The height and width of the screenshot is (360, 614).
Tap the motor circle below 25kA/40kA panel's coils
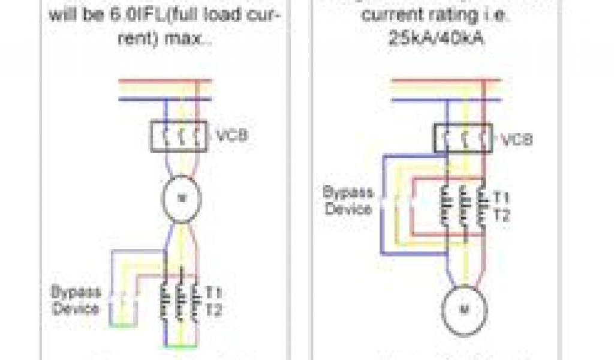click(x=465, y=310)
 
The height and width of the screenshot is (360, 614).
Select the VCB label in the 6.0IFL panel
click(x=229, y=135)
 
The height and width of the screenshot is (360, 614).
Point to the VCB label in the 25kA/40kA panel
click(x=516, y=141)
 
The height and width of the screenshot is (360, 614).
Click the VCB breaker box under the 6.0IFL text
click(x=178, y=136)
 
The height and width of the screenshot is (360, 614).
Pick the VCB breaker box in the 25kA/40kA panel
click(x=462, y=139)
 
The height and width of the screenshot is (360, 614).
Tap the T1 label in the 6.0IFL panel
click(x=214, y=293)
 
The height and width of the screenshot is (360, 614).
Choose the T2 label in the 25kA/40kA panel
click(x=501, y=215)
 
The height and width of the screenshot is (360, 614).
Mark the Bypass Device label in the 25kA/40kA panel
click(x=348, y=200)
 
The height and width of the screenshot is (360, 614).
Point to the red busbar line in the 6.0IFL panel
click(x=165, y=80)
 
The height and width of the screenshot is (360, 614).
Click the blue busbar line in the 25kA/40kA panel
click(x=444, y=98)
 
